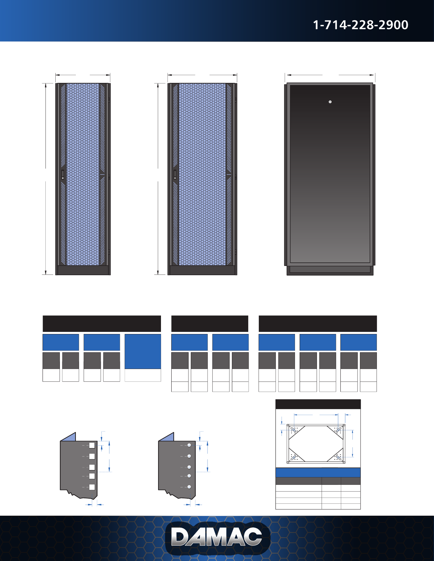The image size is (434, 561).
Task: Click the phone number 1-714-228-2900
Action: point(360,25)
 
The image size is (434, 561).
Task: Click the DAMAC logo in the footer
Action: point(217,537)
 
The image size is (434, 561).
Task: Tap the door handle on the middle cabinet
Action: point(175,175)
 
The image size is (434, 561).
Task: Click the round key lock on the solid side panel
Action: point(330,102)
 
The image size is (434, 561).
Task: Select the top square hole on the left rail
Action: point(92,446)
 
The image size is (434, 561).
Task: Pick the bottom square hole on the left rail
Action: point(92,487)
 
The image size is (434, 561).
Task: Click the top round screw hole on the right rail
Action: point(189,446)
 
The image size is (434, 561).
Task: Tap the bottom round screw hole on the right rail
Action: point(189,487)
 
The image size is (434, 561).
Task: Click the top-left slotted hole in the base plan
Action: point(294,430)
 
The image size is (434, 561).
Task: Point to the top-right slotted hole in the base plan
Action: point(338,430)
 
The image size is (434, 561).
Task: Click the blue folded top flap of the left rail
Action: point(69,437)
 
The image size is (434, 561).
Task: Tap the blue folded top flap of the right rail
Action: point(167,437)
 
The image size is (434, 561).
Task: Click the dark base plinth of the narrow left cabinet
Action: point(83,270)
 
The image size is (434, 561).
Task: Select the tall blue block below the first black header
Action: point(143,351)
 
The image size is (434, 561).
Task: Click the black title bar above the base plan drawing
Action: point(318,404)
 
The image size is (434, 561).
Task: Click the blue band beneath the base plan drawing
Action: point(318,472)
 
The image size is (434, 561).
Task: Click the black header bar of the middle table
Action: point(210,324)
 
